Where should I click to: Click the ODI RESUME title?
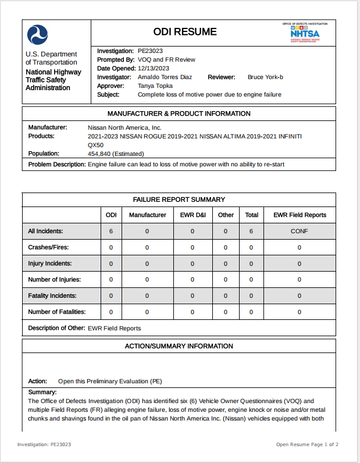tap(185, 32)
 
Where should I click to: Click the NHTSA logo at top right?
tap(305, 33)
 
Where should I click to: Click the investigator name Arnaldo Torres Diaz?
tap(165, 77)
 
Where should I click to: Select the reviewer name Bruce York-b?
tap(265, 77)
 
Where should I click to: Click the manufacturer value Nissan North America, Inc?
tap(124, 127)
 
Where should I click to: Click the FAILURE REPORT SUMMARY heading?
tap(179, 200)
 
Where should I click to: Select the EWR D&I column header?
tap(193, 215)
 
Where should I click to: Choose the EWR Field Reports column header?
tap(300, 215)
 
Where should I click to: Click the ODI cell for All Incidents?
tap(111, 231)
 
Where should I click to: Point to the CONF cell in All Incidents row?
tap(300, 231)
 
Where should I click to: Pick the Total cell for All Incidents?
tap(251, 231)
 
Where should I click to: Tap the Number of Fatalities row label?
tap(57, 312)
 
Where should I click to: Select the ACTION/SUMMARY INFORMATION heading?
tap(179, 346)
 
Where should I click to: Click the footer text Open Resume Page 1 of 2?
tap(307, 445)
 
